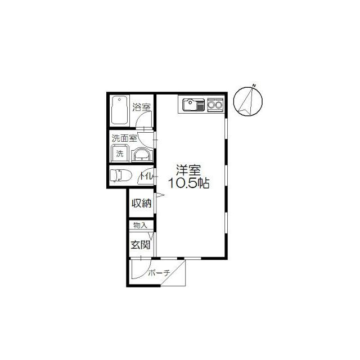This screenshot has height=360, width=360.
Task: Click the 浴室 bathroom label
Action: [x=141, y=107]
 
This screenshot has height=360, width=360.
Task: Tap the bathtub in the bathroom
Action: [x=119, y=111]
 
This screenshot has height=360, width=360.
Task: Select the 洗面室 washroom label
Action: [x=124, y=138]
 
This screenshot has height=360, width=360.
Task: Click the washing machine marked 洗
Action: [x=119, y=152]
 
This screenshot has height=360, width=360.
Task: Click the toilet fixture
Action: [x=120, y=176]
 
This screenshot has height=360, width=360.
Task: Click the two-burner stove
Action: [x=215, y=105]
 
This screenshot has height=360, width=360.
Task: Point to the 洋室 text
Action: [x=188, y=170]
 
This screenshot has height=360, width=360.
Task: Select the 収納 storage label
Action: [x=141, y=203]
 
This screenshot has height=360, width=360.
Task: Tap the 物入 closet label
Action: [x=140, y=226]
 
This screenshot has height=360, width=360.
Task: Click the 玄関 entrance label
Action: [x=140, y=245]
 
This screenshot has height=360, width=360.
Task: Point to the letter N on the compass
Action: [x=254, y=85]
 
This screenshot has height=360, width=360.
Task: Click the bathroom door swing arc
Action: [x=145, y=121]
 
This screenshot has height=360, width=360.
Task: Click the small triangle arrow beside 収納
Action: [x=160, y=196]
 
